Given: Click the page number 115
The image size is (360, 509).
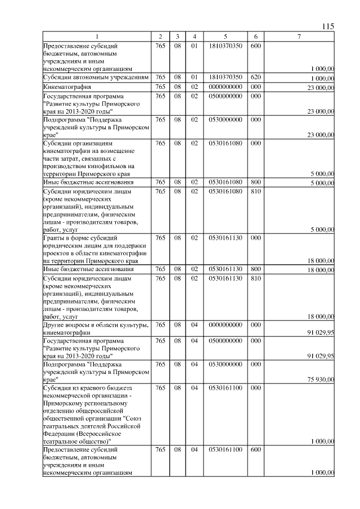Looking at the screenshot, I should point(328,26).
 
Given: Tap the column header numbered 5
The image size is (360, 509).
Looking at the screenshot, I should point(224,37).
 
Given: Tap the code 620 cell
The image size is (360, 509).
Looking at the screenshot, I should point(255,77).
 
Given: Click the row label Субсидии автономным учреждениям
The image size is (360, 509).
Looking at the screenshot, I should point(96,77).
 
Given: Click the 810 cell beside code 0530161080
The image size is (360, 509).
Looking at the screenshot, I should point(255,191).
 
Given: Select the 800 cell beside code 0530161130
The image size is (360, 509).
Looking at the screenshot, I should point(255,270).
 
